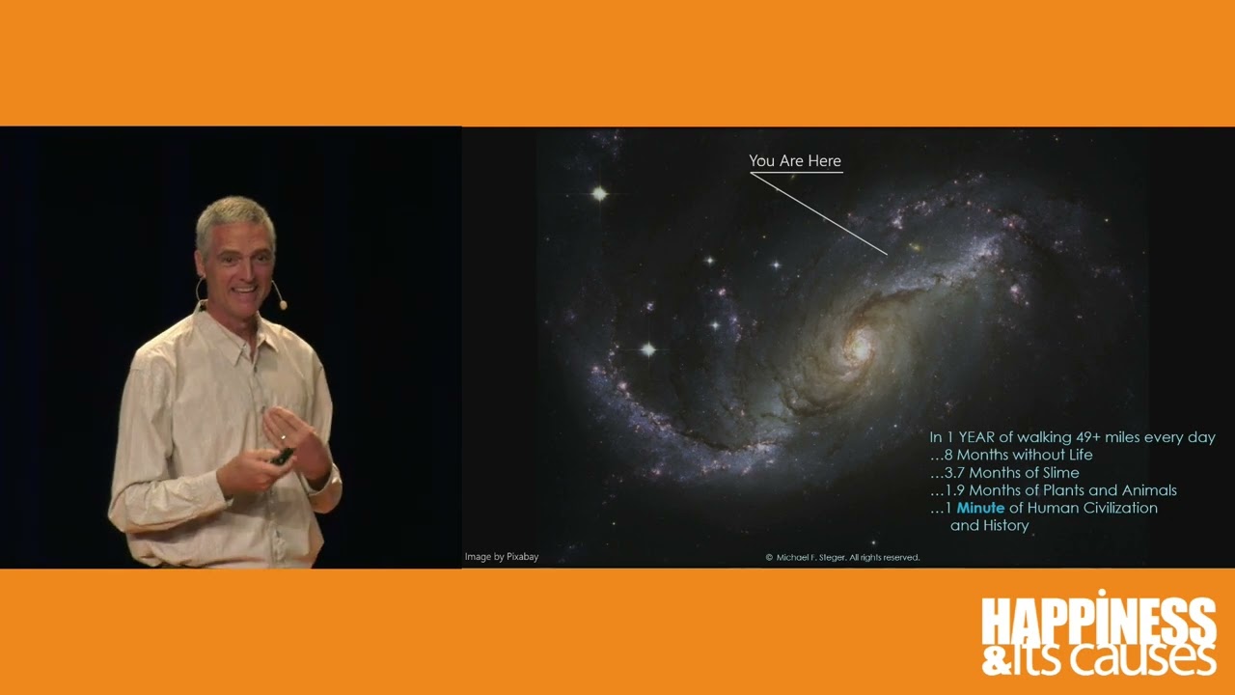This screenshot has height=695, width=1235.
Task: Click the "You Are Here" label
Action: tap(795, 161)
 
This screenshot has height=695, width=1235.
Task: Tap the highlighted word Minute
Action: tap(980, 508)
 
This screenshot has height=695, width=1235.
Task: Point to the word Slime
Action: tap(1058, 473)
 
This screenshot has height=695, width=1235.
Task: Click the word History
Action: tap(1005, 525)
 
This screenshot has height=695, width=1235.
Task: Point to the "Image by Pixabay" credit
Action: tap(502, 557)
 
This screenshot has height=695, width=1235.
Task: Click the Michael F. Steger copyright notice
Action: tap(842, 557)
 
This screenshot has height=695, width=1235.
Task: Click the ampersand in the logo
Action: tap(994, 660)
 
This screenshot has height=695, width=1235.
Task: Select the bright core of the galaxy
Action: tap(857, 346)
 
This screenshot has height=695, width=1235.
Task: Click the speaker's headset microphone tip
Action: tap(283, 305)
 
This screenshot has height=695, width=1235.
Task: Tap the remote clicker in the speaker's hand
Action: tap(283, 455)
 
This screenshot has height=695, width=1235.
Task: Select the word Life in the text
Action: tap(1079, 455)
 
